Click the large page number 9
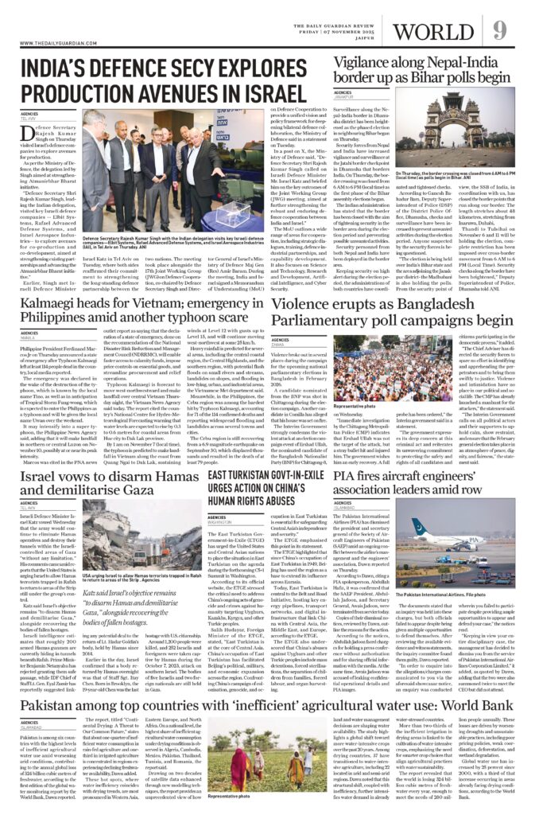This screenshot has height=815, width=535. coord(499,31)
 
